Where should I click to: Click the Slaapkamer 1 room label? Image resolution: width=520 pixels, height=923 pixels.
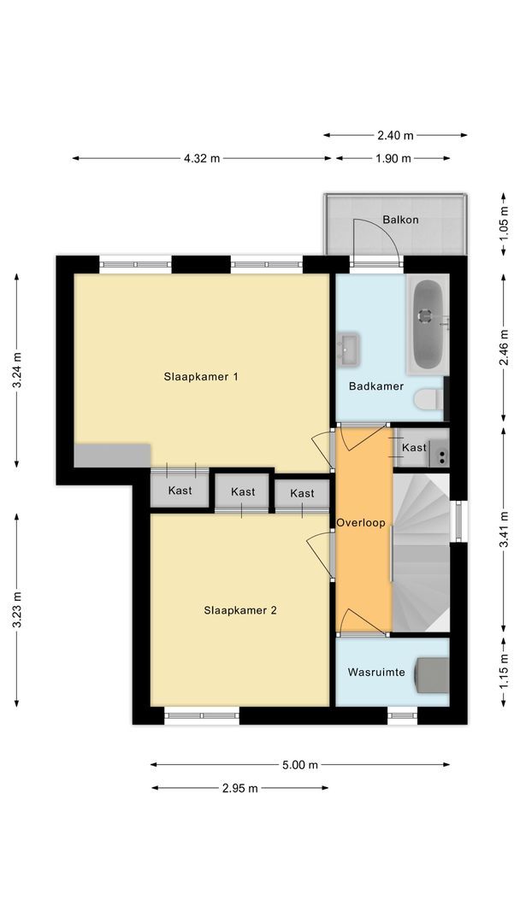[x=201, y=376]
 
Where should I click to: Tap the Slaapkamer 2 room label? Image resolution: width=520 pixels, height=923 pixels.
[x=240, y=610]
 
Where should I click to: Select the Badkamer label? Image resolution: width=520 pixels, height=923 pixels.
[x=376, y=386]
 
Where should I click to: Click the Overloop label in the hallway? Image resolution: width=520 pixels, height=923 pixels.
[x=361, y=522]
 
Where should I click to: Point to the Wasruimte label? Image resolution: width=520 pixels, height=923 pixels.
[x=376, y=672]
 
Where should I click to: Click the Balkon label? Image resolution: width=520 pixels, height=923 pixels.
[x=400, y=220]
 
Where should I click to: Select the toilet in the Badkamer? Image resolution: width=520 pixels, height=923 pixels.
[x=428, y=399]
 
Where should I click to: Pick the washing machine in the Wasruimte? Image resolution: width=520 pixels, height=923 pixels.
[x=432, y=673]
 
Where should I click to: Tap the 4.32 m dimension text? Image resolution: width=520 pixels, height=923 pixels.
[x=202, y=158]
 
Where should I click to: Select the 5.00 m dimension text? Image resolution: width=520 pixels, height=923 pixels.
[x=300, y=765]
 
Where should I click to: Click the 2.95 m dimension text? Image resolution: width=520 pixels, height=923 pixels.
[x=239, y=788]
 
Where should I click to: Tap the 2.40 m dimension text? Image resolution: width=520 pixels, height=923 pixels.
[x=396, y=135]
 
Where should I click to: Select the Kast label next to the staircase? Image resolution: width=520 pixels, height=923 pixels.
[x=414, y=448]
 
